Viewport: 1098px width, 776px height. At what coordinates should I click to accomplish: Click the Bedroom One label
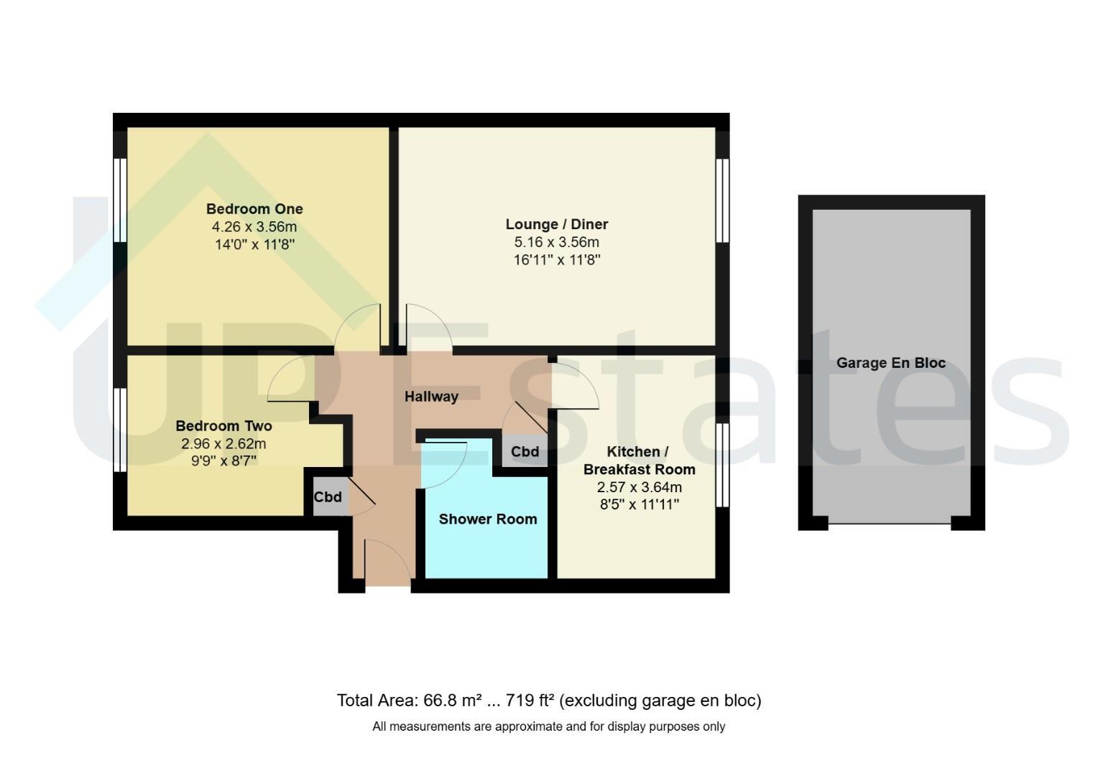coord(254,209)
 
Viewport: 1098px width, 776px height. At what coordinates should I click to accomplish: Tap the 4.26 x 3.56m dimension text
coord(254,227)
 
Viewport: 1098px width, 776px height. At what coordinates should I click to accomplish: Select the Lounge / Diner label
coord(557,224)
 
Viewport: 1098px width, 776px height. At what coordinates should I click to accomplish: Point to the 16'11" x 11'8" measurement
coord(557,260)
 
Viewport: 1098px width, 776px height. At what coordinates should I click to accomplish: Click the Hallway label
coord(431,397)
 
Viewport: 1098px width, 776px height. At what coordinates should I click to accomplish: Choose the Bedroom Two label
coord(224,425)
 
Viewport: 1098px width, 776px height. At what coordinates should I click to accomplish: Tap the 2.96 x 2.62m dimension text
coord(224,443)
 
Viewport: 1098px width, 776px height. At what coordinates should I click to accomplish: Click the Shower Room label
coord(488,519)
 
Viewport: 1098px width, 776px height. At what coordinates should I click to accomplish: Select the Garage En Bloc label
coord(890,363)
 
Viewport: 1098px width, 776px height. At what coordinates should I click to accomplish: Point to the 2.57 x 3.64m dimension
coord(640,487)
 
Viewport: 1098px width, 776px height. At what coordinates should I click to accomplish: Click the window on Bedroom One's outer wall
coord(120,200)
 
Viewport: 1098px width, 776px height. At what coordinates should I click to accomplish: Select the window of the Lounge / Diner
coord(722,200)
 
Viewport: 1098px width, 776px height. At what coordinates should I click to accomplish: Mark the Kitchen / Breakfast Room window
coord(722,465)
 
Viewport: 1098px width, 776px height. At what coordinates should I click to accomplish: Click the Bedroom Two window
coord(120,430)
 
